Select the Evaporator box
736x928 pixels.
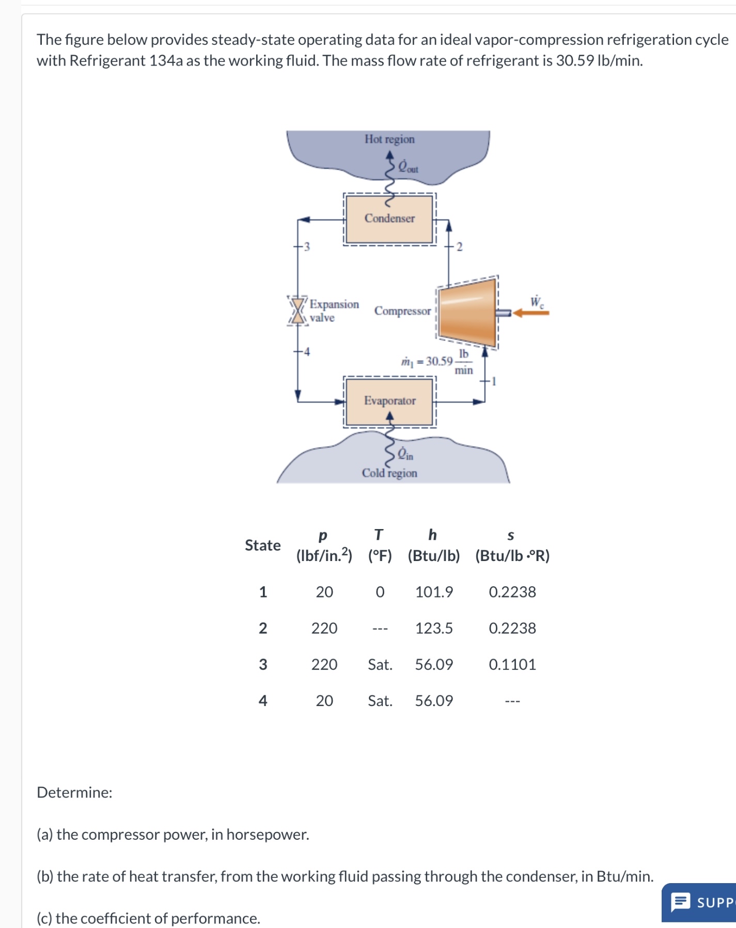tap(389, 401)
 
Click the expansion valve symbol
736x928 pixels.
tap(297, 310)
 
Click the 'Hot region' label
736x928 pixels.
tap(389, 139)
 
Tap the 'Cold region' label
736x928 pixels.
tap(389, 473)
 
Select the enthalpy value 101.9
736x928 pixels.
tap(434, 592)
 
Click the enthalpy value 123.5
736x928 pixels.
tap(434, 628)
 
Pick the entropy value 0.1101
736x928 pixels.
tap(512, 664)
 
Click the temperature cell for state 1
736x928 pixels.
tap(380, 592)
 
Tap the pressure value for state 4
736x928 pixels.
tap(324, 700)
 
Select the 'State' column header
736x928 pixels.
tap(262, 546)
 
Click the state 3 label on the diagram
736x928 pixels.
tap(307, 247)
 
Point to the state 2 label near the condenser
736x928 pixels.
tap(459, 247)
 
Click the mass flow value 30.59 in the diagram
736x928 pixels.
tap(439, 361)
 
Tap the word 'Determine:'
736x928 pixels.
tap(74, 792)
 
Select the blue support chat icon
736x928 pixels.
tap(680, 902)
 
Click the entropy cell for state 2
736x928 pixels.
tap(512, 628)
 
